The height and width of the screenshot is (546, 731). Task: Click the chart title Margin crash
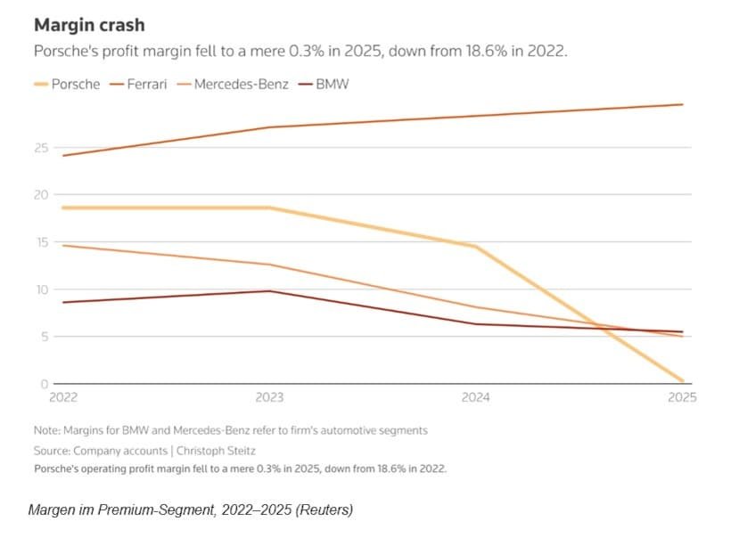[89, 24]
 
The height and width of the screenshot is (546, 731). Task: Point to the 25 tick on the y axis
[41, 147]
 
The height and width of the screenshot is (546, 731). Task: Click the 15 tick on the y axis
[41, 241]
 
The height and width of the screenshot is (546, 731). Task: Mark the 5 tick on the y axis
[43, 336]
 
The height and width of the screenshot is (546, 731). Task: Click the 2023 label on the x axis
[270, 397]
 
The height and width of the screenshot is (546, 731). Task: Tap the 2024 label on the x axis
[475, 397]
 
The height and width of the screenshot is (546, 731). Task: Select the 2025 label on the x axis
[682, 397]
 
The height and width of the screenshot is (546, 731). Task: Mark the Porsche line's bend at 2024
[476, 247]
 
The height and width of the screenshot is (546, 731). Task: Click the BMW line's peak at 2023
[271, 291]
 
